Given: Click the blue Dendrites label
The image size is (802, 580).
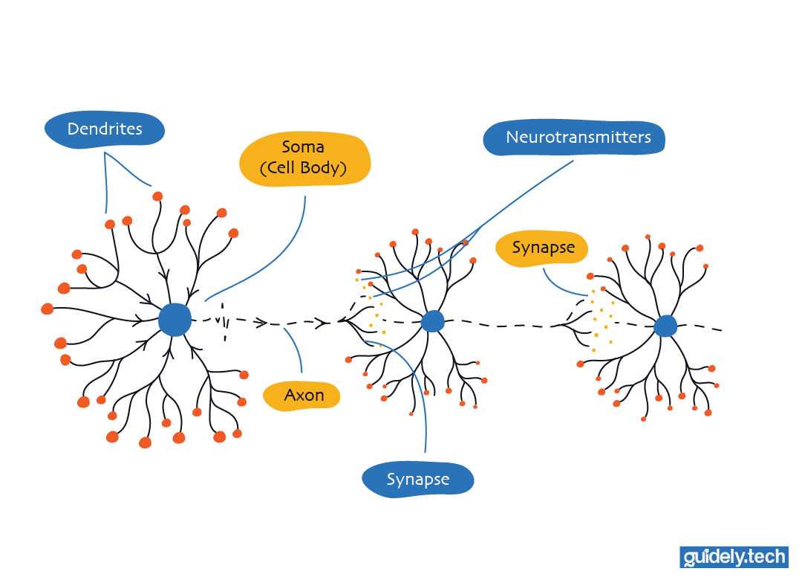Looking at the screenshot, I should coord(104,129).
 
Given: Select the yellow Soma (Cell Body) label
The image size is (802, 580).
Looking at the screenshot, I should coord(304,158).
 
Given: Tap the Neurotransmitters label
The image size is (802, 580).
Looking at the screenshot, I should coord(574,138).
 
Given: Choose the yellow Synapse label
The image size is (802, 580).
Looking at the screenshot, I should coord(543,248).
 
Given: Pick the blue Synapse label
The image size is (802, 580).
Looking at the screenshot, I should coord(417,480).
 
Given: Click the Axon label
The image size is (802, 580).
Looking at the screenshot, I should coord(302,394).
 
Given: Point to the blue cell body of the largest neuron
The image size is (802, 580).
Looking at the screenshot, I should coord(175,319).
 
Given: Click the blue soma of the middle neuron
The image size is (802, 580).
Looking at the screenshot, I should coord(432,321).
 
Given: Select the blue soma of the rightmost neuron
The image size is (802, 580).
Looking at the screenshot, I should coord(665,326).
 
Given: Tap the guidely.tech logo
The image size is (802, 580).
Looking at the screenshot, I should coord(734,557).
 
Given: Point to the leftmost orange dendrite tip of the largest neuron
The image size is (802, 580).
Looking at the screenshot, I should coord(48,309).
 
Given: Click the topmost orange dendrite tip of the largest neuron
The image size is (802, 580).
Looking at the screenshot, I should coord(157,196).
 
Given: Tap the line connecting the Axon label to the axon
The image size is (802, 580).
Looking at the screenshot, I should coord(294,349).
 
